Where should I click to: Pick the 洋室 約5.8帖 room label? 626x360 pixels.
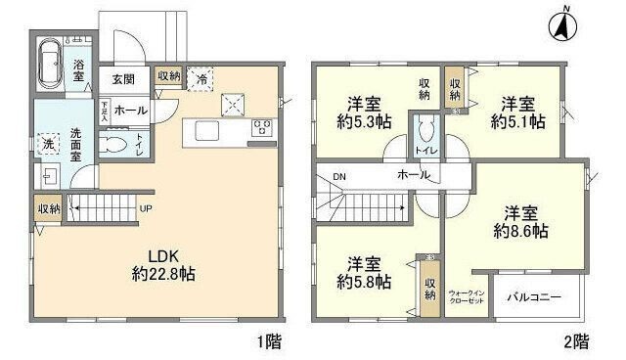pyautogui.click(x=369, y=272)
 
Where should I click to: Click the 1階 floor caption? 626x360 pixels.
pyautogui.click(x=271, y=342)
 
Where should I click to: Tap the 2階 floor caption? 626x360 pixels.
pyautogui.click(x=576, y=342)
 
